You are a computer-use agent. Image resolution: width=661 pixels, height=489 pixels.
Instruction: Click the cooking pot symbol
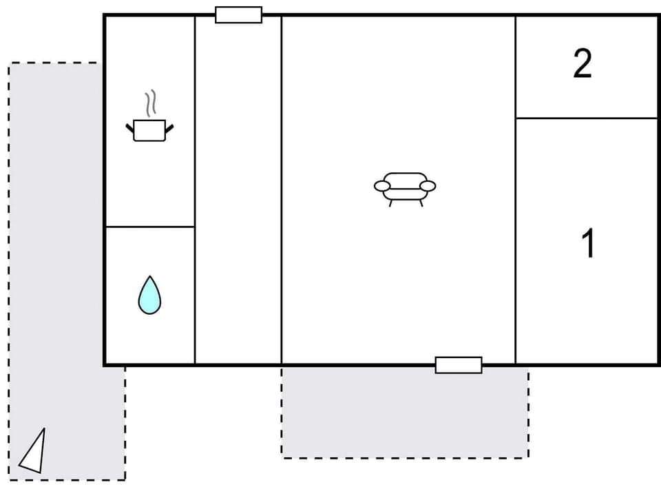[149, 129]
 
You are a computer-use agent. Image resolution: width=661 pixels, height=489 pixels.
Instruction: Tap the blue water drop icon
[149, 295]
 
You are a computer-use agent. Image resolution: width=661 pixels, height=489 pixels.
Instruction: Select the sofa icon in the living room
[405, 186]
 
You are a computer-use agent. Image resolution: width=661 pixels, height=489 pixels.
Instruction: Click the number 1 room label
[588, 244]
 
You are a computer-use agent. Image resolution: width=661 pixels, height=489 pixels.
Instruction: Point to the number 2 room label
[583, 64]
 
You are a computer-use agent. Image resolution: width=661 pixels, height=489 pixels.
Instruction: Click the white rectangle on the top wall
[238, 14]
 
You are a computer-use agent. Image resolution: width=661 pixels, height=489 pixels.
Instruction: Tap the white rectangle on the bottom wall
[458, 365]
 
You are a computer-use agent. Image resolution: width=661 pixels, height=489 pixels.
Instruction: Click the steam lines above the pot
[151, 104]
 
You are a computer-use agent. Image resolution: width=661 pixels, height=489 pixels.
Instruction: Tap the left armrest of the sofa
[381, 186]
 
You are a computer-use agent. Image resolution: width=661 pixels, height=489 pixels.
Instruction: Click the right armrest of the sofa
[428, 186]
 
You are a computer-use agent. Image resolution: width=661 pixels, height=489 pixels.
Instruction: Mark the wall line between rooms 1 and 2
[587, 118]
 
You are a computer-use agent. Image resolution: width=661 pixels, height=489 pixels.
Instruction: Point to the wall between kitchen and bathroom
[149, 227]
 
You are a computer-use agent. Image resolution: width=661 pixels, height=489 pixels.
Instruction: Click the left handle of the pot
[129, 128]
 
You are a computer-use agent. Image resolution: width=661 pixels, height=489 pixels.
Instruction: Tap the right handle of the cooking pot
[169, 128]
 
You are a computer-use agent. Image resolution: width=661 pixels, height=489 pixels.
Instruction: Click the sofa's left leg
[390, 203]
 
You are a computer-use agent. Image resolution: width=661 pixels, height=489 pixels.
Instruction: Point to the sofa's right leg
[421, 203]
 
